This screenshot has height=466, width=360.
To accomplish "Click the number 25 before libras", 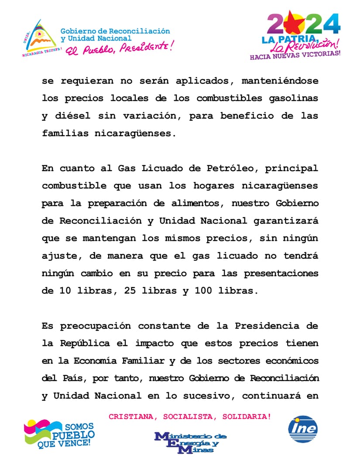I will click(123, 291).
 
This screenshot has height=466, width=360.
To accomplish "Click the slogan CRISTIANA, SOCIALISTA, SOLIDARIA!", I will click(190, 417).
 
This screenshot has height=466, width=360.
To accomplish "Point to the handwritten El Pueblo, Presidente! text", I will click(119, 47).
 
